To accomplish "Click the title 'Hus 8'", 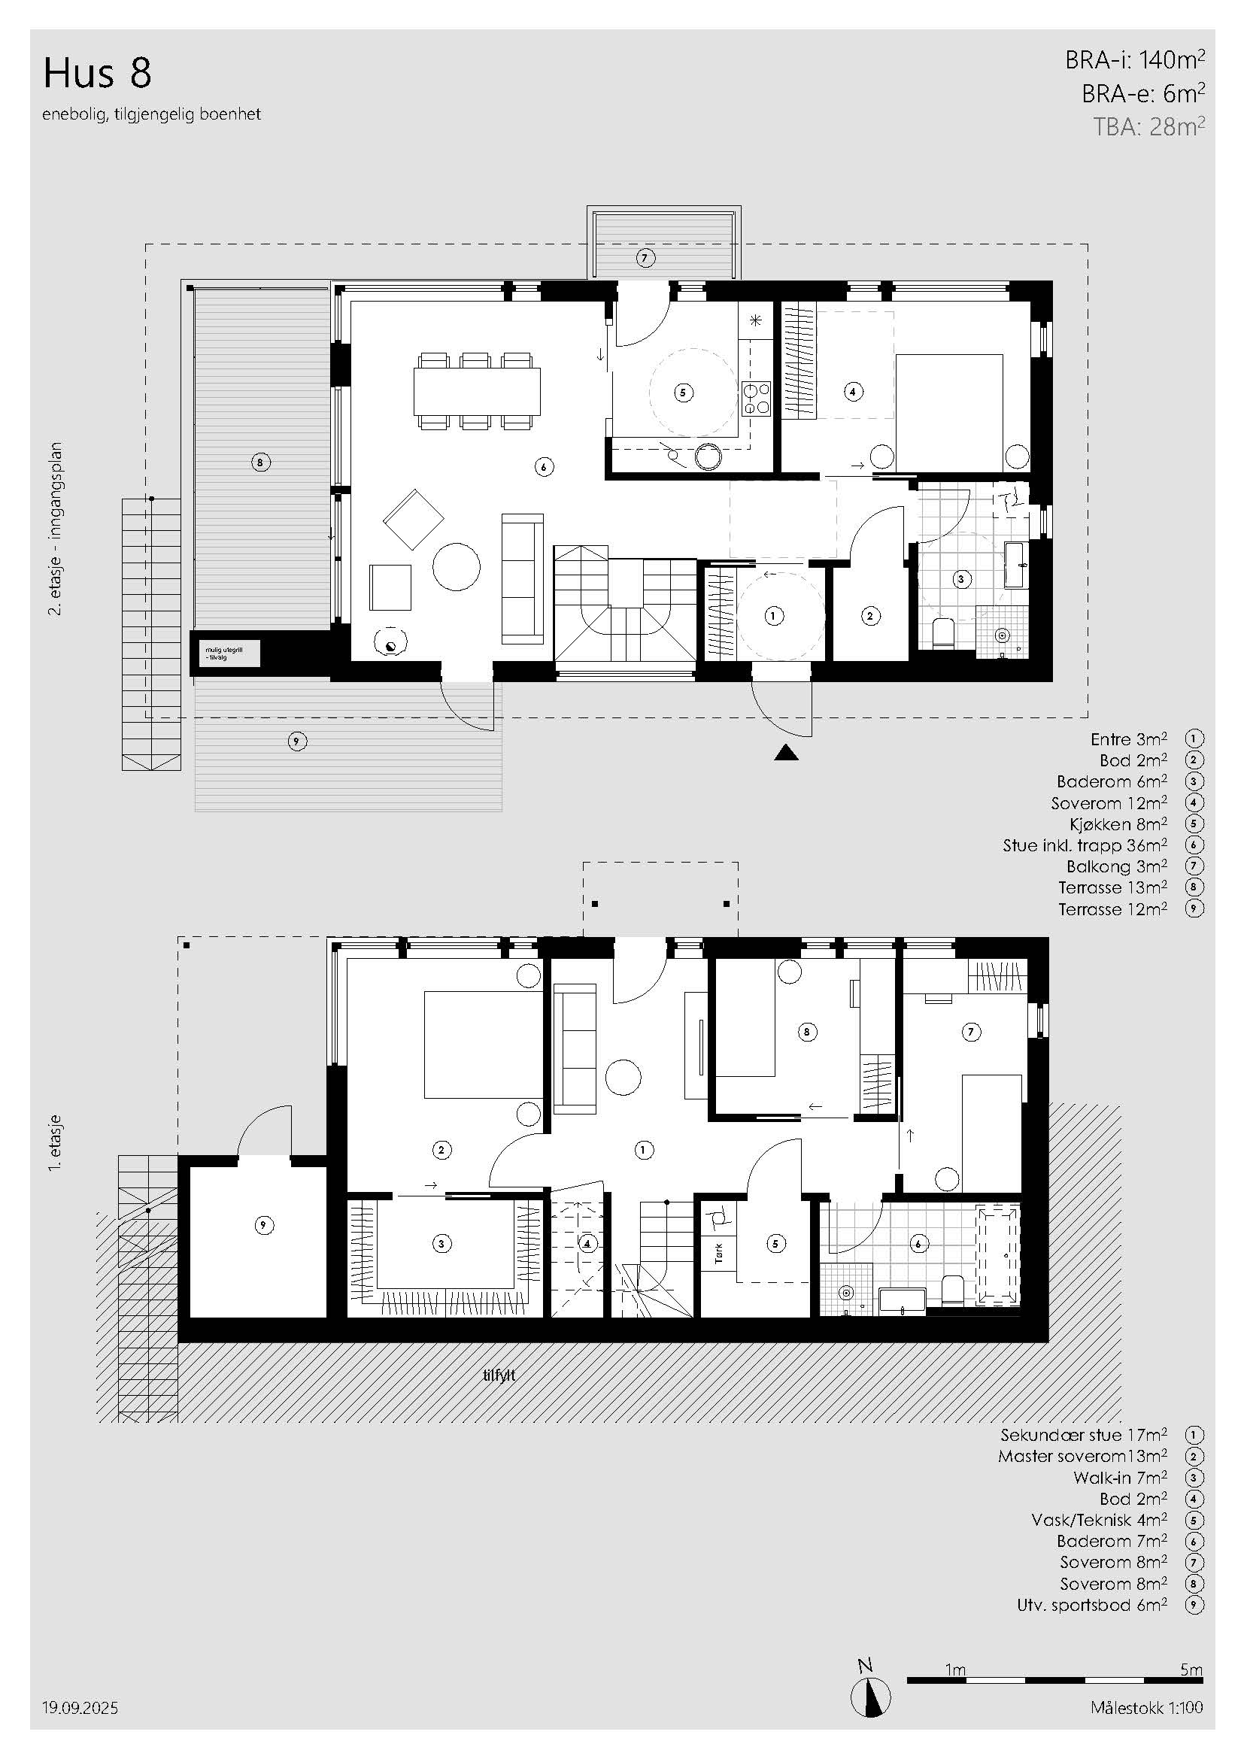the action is [x=97, y=74].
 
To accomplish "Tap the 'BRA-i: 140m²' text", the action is [x=1134, y=59].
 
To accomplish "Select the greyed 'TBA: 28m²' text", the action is [x=1149, y=126].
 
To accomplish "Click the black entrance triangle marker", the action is [x=786, y=752].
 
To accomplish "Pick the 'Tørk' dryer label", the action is [x=718, y=1254].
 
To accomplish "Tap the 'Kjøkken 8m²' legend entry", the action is [x=1118, y=824].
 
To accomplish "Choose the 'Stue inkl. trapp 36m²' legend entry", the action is [x=1085, y=845].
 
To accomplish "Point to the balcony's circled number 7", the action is [x=645, y=258].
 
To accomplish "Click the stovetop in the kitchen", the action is [x=756, y=399].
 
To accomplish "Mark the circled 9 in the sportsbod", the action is [x=263, y=1225].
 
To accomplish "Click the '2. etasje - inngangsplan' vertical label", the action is [x=55, y=529].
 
